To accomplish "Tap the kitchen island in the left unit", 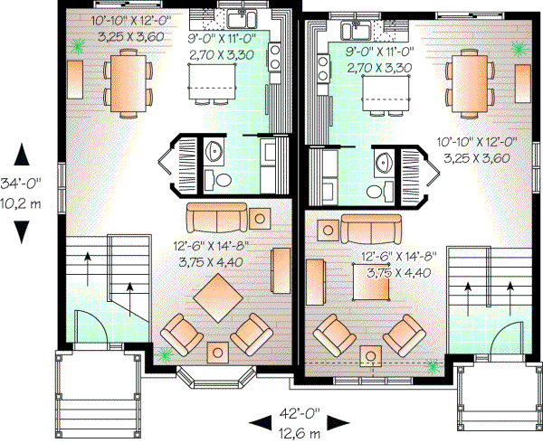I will [x=214, y=88].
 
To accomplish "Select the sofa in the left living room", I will [x=214, y=218].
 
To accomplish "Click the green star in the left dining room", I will [x=79, y=42].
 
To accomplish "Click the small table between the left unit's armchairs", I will [x=218, y=352].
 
